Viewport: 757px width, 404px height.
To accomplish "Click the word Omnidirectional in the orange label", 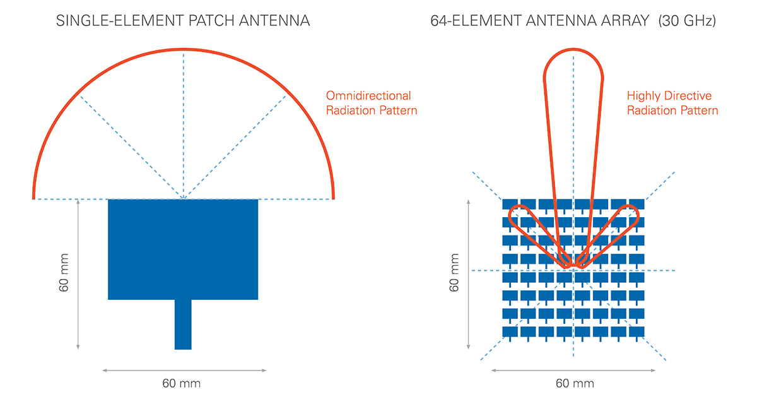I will pyautogui.click(x=368, y=96).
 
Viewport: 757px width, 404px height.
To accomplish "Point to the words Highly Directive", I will pyautogui.click(x=669, y=96).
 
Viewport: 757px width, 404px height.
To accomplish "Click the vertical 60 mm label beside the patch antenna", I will pyautogui.click(x=64, y=273).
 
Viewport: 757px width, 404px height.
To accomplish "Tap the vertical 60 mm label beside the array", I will pyautogui.click(x=454, y=273).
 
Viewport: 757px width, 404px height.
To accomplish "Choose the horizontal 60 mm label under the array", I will pyautogui.click(x=575, y=383).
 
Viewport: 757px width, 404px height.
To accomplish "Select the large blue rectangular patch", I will pyautogui.click(x=183, y=249).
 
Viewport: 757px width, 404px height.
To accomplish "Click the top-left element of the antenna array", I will pyautogui.click(x=510, y=204).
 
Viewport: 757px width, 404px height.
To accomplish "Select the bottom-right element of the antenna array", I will pyautogui.click(x=637, y=331).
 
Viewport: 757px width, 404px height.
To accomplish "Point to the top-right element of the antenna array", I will pyautogui.click(x=637, y=204).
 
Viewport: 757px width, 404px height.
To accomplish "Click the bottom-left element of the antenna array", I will pyautogui.click(x=510, y=331).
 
